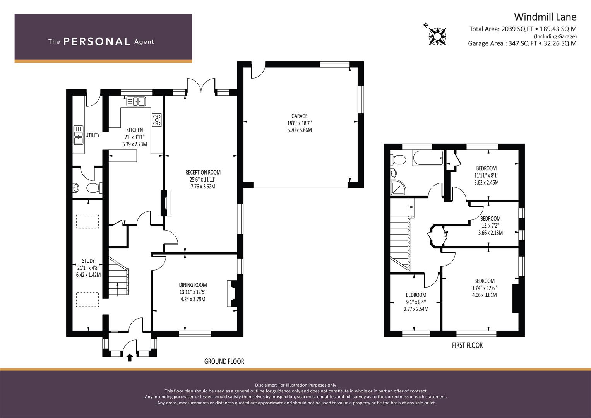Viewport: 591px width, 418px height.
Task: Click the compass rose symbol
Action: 437,36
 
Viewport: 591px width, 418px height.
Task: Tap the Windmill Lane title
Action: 545,17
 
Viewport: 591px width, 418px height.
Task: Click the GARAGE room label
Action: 300,116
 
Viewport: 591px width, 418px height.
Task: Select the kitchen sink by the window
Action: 136,101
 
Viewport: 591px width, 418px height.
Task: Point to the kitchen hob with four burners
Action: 157,120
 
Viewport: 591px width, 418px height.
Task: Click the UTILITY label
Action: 93,135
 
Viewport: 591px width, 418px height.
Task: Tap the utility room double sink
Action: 78,135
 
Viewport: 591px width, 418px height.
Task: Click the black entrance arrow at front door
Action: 130,358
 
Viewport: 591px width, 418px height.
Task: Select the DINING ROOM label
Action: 193,285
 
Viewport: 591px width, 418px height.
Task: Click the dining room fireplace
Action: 232,293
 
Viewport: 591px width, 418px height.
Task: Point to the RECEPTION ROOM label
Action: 203,172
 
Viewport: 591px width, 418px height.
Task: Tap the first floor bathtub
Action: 428,158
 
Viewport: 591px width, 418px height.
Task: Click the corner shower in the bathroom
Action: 398,188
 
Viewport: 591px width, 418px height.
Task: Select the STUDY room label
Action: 88,261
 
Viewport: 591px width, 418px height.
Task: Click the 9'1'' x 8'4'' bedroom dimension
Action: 416,302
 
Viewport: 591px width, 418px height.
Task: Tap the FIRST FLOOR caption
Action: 467,345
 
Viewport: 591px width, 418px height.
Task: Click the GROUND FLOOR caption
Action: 224,361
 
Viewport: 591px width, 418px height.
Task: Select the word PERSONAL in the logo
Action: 97,41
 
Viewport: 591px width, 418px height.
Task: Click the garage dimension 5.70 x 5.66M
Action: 300,130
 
